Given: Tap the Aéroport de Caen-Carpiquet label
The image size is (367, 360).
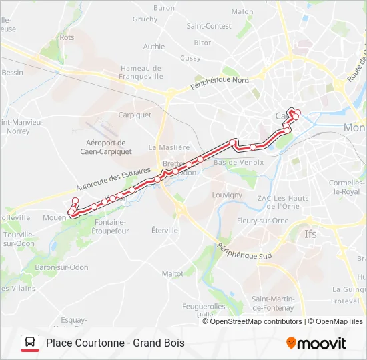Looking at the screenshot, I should [x=106, y=147].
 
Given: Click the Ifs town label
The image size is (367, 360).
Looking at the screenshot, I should [x=311, y=234].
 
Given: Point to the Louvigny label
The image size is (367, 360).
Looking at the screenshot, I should [x=227, y=195].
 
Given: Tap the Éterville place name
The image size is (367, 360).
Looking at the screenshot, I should [x=164, y=230].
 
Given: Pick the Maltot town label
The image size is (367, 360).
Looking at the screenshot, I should [x=173, y=273].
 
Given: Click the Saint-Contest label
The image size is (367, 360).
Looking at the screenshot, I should [x=209, y=26].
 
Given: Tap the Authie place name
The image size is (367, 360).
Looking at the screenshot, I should [x=154, y=47].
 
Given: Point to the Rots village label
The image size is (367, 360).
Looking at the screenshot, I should [x=67, y=37].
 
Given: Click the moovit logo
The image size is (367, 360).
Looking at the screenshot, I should [x=316, y=343].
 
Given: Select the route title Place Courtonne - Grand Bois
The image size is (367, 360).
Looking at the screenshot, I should [x=115, y=343].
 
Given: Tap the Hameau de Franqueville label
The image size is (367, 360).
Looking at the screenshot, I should [x=142, y=72].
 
